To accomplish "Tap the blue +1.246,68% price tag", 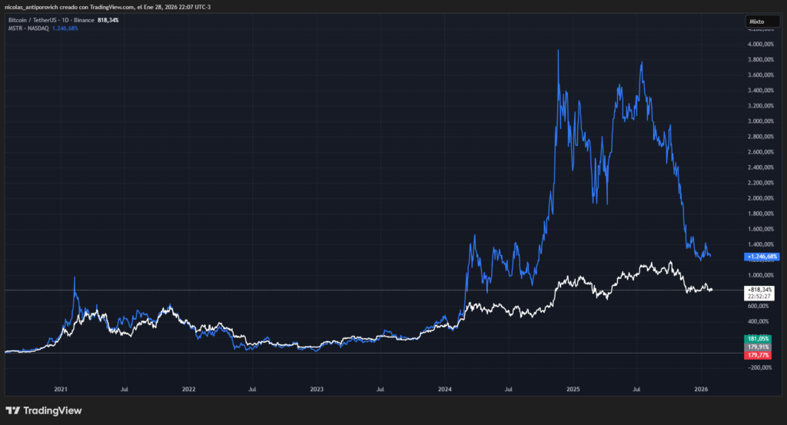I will point(762,256).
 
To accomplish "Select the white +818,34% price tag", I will point(762,290).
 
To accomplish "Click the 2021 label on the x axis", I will point(61,390).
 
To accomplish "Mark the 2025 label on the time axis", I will point(572,390).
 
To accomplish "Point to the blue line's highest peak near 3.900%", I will point(558,51).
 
